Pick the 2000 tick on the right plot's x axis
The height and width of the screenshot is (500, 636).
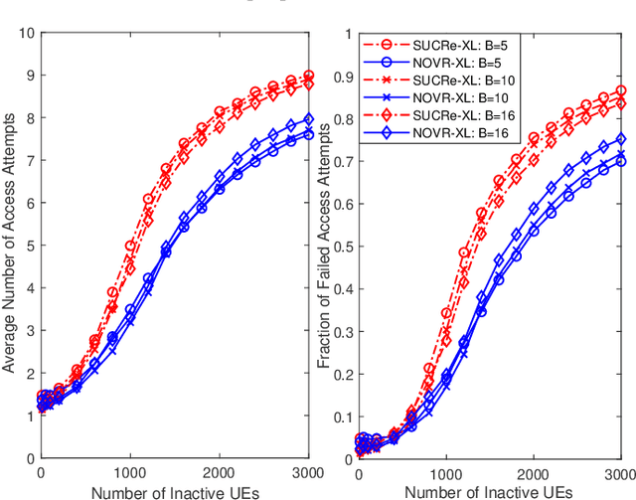coord(533,475)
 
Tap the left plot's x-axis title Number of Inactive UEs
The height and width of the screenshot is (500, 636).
coord(171,491)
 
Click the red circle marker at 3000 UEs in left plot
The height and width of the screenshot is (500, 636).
coord(309,76)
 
